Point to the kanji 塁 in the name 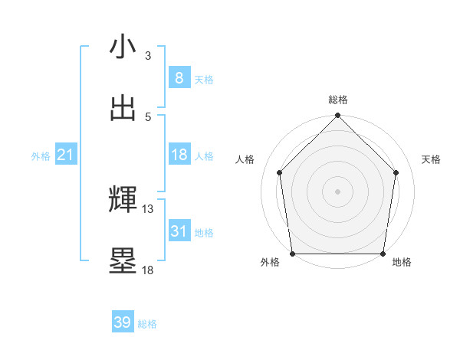click(x=123, y=260)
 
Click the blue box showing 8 click(x=179, y=78)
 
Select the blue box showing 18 click(x=179, y=155)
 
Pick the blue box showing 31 click(x=179, y=231)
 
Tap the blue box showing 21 click(x=66, y=155)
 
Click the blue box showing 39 click(x=123, y=322)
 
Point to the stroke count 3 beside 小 click(x=148, y=55)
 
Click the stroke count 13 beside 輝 click(x=148, y=208)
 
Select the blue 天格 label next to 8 click(x=204, y=79)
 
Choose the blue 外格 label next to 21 click(x=41, y=156)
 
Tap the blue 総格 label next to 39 click(x=147, y=324)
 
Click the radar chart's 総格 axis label click(x=337, y=100)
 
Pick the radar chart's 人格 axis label click(x=245, y=159)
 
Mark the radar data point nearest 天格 click(x=396, y=172)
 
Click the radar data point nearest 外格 click(x=293, y=254)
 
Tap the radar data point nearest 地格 click(x=383, y=254)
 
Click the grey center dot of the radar click(x=337, y=191)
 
